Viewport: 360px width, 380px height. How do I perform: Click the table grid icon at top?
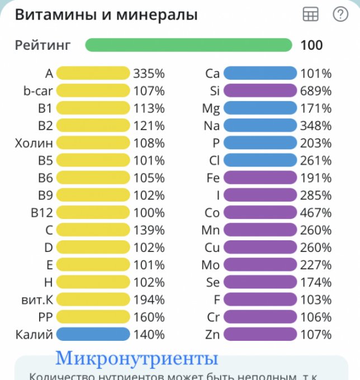[310, 15]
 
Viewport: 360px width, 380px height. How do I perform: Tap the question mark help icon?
[340, 15]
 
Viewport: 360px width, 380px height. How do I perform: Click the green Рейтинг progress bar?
[188, 45]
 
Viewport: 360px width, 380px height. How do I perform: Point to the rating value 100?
[311, 45]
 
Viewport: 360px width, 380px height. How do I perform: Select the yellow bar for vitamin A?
[93, 73]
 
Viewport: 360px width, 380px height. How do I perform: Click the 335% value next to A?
[149, 73]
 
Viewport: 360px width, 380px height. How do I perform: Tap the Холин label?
[34, 143]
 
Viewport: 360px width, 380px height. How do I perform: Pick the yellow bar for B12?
[93, 213]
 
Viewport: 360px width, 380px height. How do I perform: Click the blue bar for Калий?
[93, 335]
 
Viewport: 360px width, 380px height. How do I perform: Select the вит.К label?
[35, 300]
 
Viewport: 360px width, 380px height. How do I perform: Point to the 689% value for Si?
[316, 91]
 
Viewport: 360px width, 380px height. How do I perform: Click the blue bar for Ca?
[259, 73]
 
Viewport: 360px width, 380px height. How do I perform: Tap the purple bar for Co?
[259, 213]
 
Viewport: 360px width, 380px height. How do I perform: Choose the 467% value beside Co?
[316, 213]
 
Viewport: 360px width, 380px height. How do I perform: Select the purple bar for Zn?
[259, 335]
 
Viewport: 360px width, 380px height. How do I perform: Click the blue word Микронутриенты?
[136, 358]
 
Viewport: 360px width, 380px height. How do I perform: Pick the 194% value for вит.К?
[149, 300]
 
